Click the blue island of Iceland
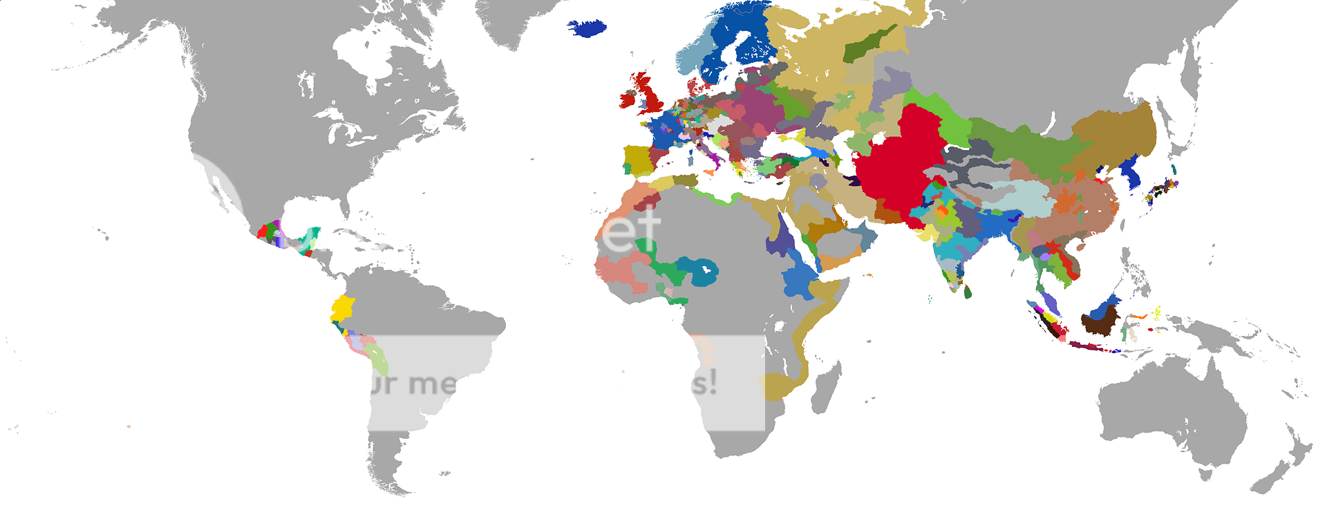587,28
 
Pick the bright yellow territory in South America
342,307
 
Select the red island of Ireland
628,99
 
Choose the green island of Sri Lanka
968,292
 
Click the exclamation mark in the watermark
712,381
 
